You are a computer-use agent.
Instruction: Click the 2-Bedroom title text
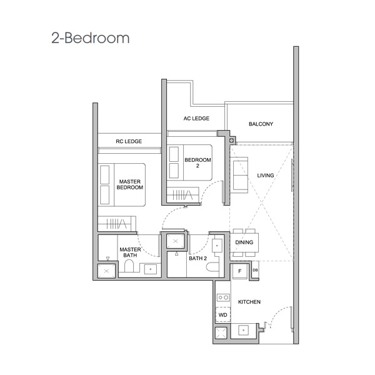click(x=91, y=38)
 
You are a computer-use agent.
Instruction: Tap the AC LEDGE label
click(x=196, y=118)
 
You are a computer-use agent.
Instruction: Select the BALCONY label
click(x=261, y=124)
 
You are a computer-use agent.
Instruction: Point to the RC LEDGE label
click(x=129, y=141)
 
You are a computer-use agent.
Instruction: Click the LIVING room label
click(x=266, y=175)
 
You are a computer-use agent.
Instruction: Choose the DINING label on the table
click(x=244, y=242)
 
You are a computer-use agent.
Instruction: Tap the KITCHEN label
click(x=249, y=302)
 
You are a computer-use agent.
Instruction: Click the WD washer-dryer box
click(x=223, y=314)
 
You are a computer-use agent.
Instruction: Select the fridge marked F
click(x=240, y=271)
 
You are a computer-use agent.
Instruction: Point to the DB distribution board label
click(x=255, y=270)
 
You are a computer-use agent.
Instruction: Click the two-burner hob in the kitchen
click(x=223, y=297)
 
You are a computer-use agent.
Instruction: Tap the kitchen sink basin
click(x=244, y=330)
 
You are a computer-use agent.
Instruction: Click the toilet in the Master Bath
click(x=129, y=266)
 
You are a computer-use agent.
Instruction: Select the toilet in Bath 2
click(x=212, y=267)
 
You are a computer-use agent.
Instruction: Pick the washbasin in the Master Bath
click(x=151, y=269)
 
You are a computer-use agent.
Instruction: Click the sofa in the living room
click(x=239, y=175)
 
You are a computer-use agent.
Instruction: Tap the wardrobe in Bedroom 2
click(x=183, y=194)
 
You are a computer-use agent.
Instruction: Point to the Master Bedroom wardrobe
click(x=117, y=224)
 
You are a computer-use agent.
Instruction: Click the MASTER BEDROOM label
click(x=129, y=184)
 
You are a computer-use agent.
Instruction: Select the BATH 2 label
click(x=197, y=258)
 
